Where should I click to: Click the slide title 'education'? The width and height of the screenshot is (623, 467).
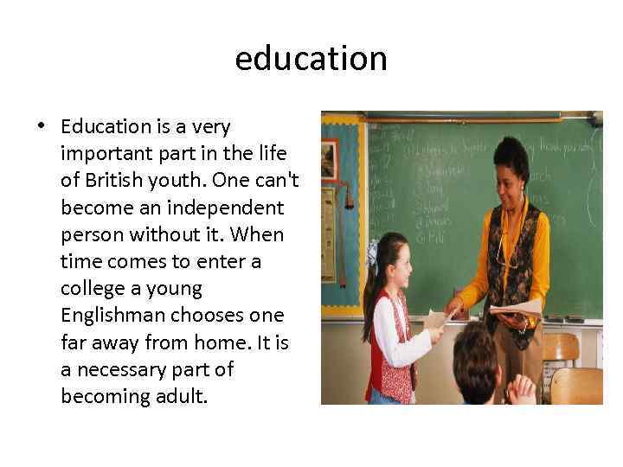click(x=311, y=59)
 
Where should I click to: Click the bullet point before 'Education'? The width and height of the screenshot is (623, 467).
click(x=42, y=127)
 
